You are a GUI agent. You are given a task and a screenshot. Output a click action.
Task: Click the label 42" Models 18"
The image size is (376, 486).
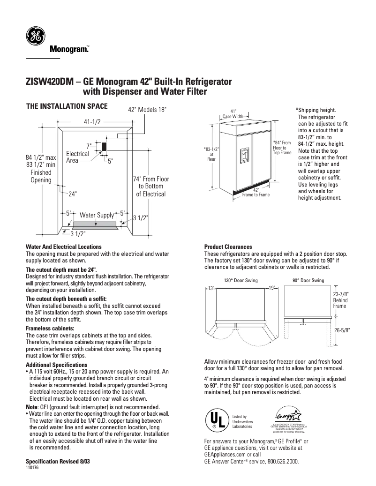click(147, 110)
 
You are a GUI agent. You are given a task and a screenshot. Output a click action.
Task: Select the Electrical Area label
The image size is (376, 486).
click(77, 157)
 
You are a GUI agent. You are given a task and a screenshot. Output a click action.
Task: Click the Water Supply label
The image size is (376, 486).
click(97, 215)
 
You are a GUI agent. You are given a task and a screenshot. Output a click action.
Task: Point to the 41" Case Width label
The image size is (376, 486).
click(233, 113)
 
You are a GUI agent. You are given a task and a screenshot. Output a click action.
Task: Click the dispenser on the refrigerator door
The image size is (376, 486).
click(244, 153)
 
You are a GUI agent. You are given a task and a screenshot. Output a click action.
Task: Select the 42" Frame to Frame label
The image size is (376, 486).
click(256, 192)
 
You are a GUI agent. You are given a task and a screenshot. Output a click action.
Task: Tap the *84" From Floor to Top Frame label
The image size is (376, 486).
click(282, 147)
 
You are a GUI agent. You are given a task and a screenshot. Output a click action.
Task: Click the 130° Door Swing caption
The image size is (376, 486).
click(241, 280)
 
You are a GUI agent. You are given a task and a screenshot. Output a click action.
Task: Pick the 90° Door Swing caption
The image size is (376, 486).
click(308, 280)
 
